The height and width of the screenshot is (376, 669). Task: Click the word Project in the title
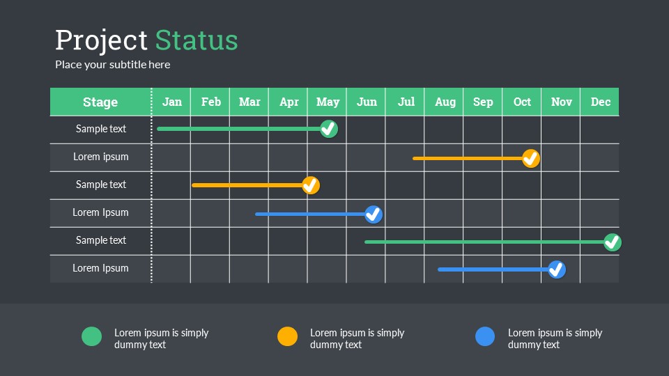101,41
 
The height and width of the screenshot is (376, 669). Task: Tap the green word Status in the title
197,40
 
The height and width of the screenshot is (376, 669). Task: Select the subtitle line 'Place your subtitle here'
113,64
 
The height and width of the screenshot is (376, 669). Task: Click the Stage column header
100,102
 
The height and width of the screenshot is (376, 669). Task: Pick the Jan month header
172,102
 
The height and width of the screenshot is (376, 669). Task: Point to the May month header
328,102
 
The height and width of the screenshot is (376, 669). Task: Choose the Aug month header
445,102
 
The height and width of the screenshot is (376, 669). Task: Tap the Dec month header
600,102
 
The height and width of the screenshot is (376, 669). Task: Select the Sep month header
483,102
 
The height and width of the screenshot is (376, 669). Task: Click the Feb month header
210,102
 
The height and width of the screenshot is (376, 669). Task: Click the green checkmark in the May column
329,129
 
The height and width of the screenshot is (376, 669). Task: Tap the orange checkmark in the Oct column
531,159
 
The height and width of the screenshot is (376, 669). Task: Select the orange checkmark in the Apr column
311,185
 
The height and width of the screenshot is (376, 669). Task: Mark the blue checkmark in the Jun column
374,214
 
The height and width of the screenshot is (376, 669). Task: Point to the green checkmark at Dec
613,242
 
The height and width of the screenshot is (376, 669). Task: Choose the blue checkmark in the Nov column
557,269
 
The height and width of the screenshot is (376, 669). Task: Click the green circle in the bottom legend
92,336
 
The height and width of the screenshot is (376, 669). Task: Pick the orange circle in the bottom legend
288,336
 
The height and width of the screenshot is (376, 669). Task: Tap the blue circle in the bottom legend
485,336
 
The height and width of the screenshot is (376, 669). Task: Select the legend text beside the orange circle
357,338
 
